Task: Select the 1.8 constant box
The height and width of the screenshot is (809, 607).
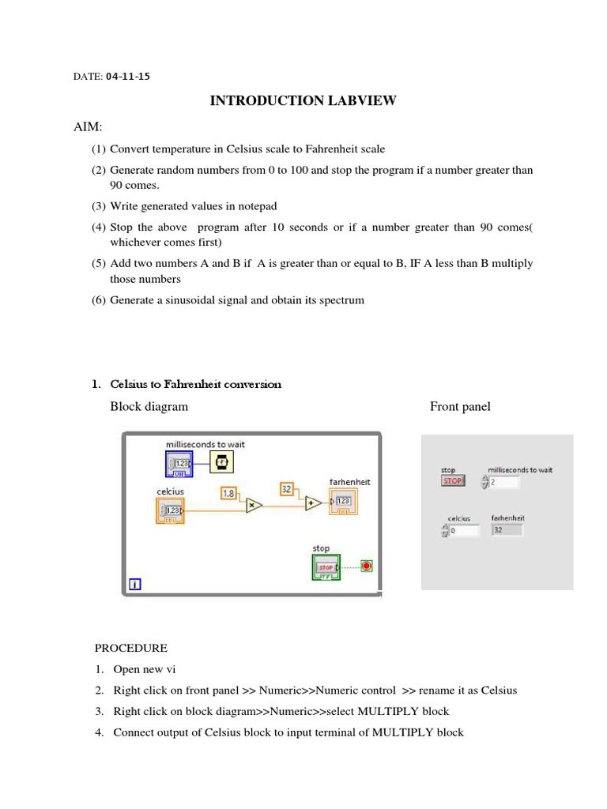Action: coord(228,494)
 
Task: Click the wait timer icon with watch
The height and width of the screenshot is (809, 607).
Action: coord(222,464)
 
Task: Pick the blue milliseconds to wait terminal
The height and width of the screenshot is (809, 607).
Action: coord(179,464)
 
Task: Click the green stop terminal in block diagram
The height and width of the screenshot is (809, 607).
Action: coord(326,567)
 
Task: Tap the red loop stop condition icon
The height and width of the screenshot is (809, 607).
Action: coord(367,566)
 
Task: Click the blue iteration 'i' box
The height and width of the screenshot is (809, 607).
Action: coord(135,585)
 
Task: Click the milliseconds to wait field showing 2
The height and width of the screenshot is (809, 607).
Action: coord(503,482)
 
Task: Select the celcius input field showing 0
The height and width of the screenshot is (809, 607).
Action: coord(463,531)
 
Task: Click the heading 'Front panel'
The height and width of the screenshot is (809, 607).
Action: coord(460,407)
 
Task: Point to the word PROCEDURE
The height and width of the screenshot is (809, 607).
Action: coord(131,648)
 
